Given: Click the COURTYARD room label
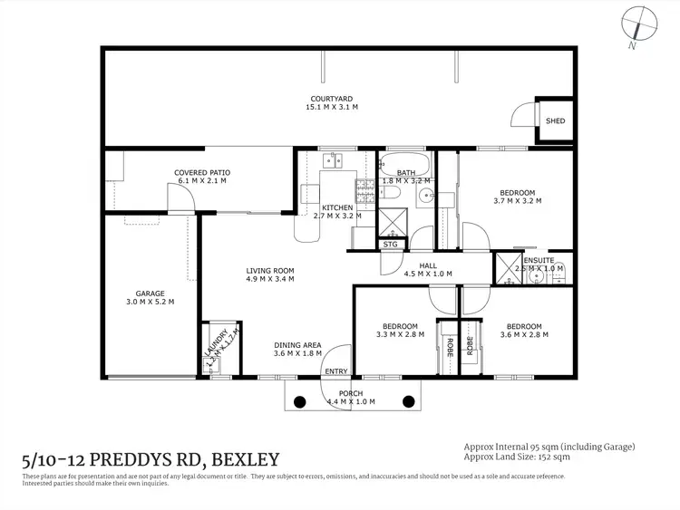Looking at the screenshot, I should [331, 98].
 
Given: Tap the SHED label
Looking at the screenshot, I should [554, 120].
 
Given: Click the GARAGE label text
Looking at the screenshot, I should [151, 293].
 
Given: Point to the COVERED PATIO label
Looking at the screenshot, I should [202, 172].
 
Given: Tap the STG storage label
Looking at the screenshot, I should [390, 245].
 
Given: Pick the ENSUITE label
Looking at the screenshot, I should [539, 260].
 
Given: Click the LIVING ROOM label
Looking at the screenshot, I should [270, 270].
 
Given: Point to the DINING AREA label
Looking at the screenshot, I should [298, 344].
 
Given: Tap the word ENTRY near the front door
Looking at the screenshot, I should [335, 371].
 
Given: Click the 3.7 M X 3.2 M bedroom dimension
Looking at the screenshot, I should [518, 201].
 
